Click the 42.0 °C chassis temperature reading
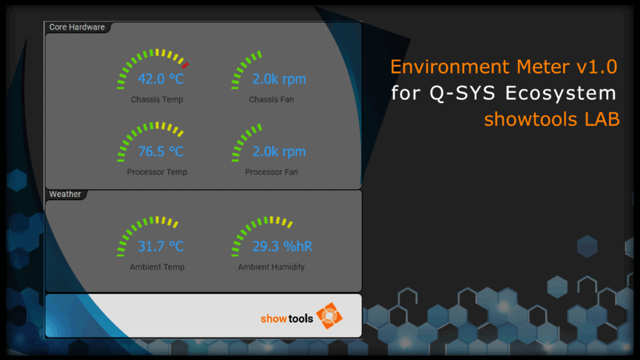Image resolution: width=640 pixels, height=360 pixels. coord(161,79)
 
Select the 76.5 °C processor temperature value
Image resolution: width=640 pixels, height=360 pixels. coord(161,151)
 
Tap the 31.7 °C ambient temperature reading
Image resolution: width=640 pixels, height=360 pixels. coord(161,246)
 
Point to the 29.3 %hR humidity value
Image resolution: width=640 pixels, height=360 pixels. coord(282,246)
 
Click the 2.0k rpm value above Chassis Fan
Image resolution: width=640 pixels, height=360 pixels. coord(279,79)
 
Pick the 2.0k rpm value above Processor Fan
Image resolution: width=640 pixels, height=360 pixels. coord(279,152)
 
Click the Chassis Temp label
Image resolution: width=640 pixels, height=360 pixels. coord(157,99)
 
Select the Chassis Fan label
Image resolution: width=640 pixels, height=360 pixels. coord(271,99)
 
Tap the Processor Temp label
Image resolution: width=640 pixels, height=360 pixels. coord(157,172)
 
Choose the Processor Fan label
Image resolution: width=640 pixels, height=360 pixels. coord(271,172)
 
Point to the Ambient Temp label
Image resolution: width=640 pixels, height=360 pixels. coord(157,267)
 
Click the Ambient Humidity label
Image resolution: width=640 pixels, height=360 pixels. coord(271,267)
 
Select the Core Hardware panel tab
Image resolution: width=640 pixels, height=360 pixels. coord(77,27)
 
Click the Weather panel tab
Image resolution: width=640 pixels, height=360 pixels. coord(65,194)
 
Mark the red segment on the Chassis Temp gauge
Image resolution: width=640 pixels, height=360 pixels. coord(185,65)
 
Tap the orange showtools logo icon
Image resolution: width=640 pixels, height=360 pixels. coord(329,316)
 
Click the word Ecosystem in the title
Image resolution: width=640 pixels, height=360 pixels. coord(561,93)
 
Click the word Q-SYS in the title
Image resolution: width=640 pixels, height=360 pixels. coord(462,93)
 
